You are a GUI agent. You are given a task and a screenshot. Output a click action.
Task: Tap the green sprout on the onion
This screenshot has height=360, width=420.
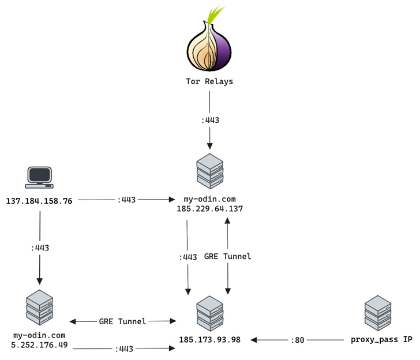click(x=215, y=15)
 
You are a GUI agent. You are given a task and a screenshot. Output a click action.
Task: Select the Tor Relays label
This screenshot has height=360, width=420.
click(x=209, y=81)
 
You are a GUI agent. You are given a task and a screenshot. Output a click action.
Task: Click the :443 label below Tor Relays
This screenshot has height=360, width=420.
click(x=210, y=120)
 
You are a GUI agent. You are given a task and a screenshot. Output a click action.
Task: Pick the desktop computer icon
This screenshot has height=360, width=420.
click(x=39, y=178)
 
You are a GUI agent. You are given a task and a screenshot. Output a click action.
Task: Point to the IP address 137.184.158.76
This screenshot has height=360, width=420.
click(x=39, y=201)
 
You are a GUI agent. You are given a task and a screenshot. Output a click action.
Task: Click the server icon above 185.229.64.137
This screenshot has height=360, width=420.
click(x=210, y=171)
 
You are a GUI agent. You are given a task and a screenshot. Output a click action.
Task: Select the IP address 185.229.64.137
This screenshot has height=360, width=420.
click(x=210, y=209)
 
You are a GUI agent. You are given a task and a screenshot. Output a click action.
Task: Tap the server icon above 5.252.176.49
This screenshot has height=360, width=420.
click(x=40, y=307)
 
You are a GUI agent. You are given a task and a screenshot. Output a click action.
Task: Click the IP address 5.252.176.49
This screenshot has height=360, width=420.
click(x=39, y=345)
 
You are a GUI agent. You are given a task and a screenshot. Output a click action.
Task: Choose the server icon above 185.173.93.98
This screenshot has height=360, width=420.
click(x=210, y=313)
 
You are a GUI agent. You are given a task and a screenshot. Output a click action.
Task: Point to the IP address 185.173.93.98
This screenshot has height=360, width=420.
click(x=210, y=340)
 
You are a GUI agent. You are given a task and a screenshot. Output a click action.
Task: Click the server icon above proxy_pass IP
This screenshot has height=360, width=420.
click(x=378, y=313)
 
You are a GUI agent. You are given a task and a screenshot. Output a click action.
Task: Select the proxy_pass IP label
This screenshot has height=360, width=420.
click(x=381, y=340)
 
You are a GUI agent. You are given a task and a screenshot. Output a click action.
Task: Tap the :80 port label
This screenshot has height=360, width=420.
click(x=298, y=340)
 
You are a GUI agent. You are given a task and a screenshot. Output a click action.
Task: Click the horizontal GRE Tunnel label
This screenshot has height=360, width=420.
click(x=122, y=321)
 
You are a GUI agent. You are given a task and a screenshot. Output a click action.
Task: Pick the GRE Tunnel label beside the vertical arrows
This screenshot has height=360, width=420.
click(x=228, y=256)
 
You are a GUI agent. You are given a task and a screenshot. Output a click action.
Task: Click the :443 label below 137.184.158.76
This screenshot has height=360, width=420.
click(x=40, y=247)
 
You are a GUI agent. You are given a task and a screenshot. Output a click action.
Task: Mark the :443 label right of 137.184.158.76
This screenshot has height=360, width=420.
click(x=126, y=200)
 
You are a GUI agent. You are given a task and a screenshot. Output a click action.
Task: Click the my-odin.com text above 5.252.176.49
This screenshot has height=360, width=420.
click(x=39, y=335)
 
